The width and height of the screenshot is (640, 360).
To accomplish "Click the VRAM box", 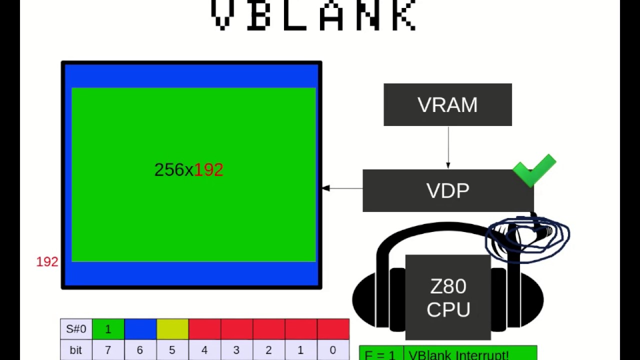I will tap(447, 104).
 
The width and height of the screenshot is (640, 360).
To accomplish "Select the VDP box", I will tap(447, 190).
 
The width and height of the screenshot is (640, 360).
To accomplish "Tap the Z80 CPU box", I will tap(448, 297).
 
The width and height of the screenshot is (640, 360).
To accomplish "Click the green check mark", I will tap(534, 169).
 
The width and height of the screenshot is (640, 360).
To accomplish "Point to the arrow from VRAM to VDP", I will tap(448, 147).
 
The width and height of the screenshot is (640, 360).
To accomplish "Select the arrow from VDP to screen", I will tap(342, 188).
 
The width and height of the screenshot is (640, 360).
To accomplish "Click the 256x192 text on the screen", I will tap(188, 170).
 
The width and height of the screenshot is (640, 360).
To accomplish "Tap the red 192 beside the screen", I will tap(47, 262).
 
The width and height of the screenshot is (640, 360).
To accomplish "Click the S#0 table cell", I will tap(76, 329).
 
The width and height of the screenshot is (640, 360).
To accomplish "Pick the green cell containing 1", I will tap(108, 329).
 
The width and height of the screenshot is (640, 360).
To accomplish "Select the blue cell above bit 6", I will tap(140, 329).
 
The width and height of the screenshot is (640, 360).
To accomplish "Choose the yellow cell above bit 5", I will tap(172, 329).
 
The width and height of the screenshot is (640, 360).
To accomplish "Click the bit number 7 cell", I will tap(108, 350).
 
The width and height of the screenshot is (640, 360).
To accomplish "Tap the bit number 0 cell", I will tap(333, 350).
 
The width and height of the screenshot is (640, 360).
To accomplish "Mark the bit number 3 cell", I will tap(236, 350).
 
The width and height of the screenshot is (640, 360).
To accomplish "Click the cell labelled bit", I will tap(76, 350).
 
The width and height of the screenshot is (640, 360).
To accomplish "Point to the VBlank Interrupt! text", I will tap(458, 354).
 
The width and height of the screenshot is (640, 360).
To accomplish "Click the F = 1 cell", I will tap(381, 354).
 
